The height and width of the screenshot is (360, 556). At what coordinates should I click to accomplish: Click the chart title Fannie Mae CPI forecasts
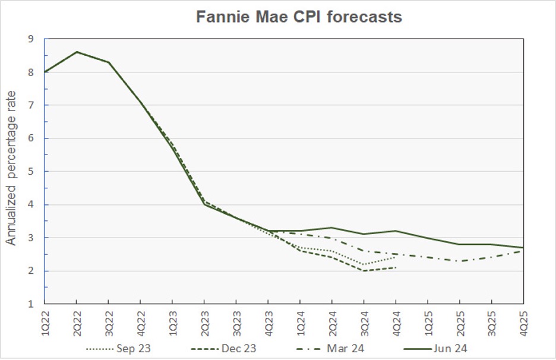click(299, 17)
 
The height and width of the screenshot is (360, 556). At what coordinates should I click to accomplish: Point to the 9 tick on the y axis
click(31, 39)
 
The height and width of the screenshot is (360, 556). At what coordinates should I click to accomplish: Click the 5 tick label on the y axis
click(31, 172)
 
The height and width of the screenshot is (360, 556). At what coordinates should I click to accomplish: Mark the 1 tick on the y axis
click(31, 304)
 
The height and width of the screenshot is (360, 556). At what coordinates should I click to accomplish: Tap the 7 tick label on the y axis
click(31, 105)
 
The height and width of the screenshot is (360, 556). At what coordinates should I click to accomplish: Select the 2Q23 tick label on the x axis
click(204, 323)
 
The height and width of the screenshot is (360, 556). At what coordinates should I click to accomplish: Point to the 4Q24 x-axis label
click(396, 323)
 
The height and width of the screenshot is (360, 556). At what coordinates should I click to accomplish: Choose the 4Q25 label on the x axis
click(523, 323)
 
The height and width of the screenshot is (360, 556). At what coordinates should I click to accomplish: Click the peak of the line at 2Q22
click(77, 52)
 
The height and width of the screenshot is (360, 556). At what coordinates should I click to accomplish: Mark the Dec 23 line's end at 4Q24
click(396, 268)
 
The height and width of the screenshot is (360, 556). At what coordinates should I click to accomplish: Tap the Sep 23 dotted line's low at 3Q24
click(364, 264)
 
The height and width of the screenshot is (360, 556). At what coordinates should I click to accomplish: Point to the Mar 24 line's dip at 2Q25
click(459, 261)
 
